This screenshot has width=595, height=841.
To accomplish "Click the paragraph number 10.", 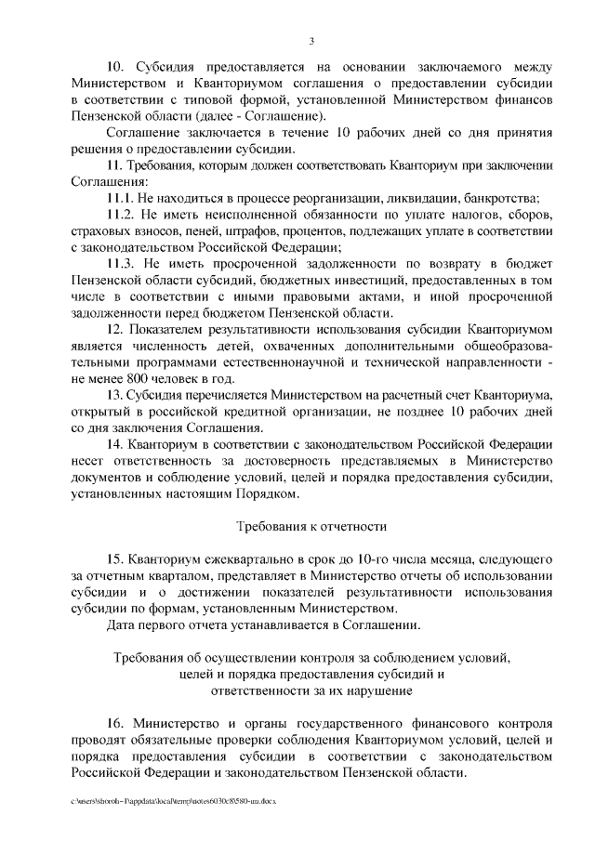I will [115, 67].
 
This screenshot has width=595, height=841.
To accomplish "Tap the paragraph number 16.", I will [115, 722].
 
